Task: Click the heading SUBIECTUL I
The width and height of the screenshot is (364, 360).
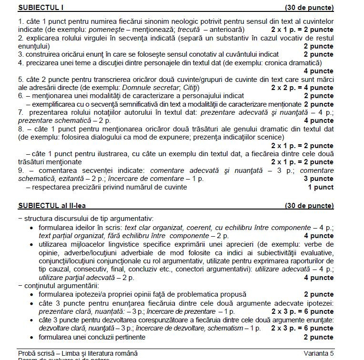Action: point(40,8)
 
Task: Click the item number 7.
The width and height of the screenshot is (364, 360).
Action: point(20,112)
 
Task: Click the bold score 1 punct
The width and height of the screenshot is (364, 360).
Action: point(320,187)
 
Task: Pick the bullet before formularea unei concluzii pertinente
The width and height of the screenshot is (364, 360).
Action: point(31,337)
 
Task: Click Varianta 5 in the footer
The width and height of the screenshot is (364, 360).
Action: point(318,353)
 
